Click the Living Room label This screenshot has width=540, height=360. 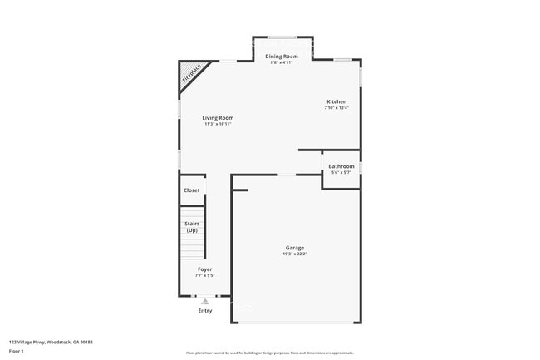pyautogui.click(x=218, y=118)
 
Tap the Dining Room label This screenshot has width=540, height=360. pyautogui.click(x=282, y=56)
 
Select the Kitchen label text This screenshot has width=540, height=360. pyautogui.click(x=336, y=101)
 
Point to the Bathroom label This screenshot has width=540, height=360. pyautogui.click(x=341, y=166)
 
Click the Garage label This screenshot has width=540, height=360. pyautogui.click(x=295, y=248)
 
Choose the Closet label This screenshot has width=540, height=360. pyautogui.click(x=192, y=190)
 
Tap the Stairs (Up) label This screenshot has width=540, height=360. pyautogui.click(x=192, y=226)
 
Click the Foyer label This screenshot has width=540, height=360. pyautogui.click(x=204, y=269)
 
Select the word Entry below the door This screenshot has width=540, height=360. pyautogui.click(x=204, y=311)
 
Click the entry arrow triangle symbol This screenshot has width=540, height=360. pyautogui.click(x=204, y=301)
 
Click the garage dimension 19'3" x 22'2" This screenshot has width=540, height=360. pyautogui.click(x=295, y=254)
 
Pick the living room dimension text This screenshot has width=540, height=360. pyautogui.click(x=218, y=125)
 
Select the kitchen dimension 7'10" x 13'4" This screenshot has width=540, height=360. pyautogui.click(x=336, y=108)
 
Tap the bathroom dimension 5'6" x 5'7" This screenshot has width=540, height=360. pyautogui.click(x=341, y=173)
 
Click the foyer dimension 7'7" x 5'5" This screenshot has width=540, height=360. pyautogui.click(x=204, y=275)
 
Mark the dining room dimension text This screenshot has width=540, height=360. pyautogui.click(x=282, y=62)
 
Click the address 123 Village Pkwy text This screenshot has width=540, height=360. pyautogui.click(x=51, y=342)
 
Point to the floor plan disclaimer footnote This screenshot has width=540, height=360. pyautogui.click(x=269, y=353)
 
